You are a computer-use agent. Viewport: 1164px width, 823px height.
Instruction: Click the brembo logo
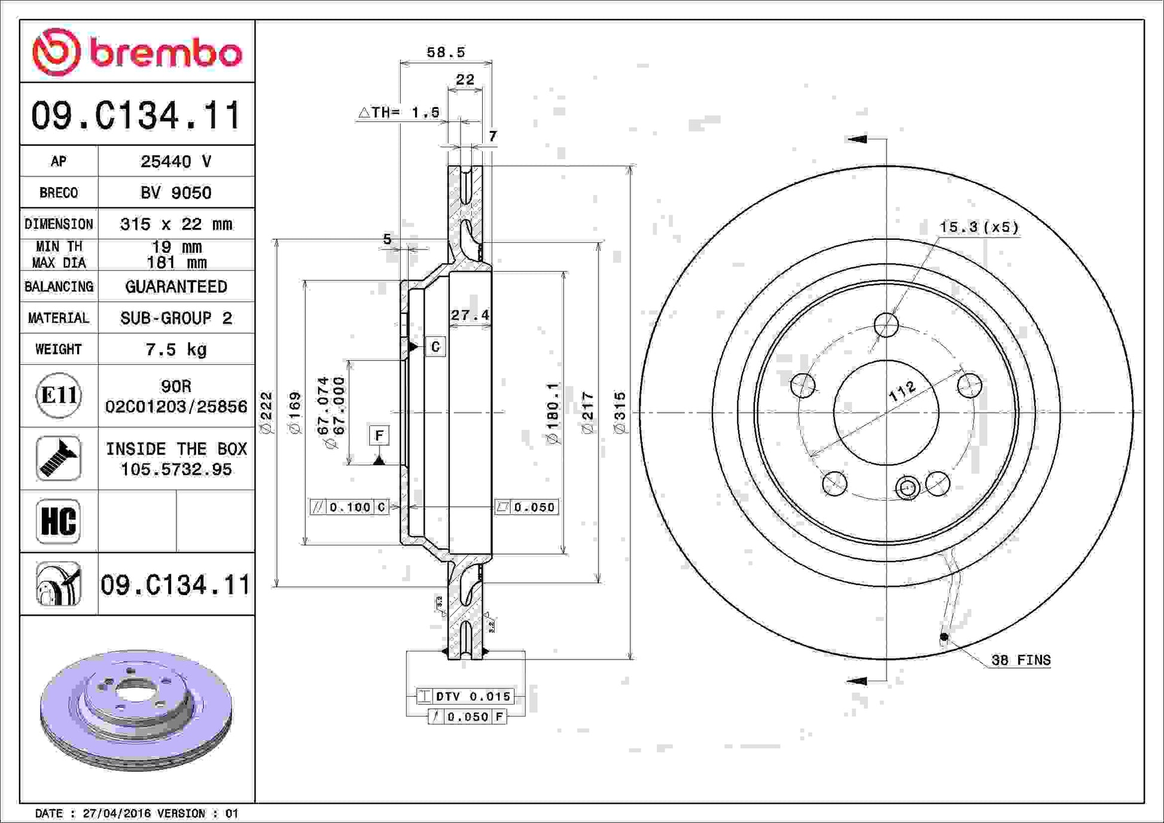(137, 52)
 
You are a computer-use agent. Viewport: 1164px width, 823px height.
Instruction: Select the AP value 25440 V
(176, 161)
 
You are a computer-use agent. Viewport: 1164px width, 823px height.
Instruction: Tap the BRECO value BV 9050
(176, 193)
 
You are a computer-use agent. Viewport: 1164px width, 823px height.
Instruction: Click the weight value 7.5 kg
(176, 349)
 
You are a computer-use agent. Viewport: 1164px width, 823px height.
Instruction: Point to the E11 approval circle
(59, 395)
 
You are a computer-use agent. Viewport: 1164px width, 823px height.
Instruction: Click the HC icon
(59, 522)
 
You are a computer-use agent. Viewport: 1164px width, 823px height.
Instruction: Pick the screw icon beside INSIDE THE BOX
(59, 459)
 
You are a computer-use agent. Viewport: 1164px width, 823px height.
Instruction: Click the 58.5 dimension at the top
(446, 52)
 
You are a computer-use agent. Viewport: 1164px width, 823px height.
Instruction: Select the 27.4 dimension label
(470, 315)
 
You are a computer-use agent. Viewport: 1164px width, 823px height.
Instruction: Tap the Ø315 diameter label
(620, 412)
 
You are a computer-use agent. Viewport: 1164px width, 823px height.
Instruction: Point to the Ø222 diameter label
(266, 412)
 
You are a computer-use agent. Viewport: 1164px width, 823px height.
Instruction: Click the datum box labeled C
(435, 346)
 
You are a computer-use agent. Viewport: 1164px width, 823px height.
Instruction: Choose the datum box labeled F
(379, 435)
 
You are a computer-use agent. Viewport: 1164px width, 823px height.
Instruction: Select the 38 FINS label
(1021, 660)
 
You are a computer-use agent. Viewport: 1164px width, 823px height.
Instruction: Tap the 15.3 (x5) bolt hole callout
(979, 227)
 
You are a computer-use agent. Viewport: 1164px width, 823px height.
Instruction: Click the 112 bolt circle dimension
(902, 391)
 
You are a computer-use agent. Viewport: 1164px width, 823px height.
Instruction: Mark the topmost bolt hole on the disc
(886, 325)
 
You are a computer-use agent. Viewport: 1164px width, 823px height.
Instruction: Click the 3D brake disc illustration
(136, 711)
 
